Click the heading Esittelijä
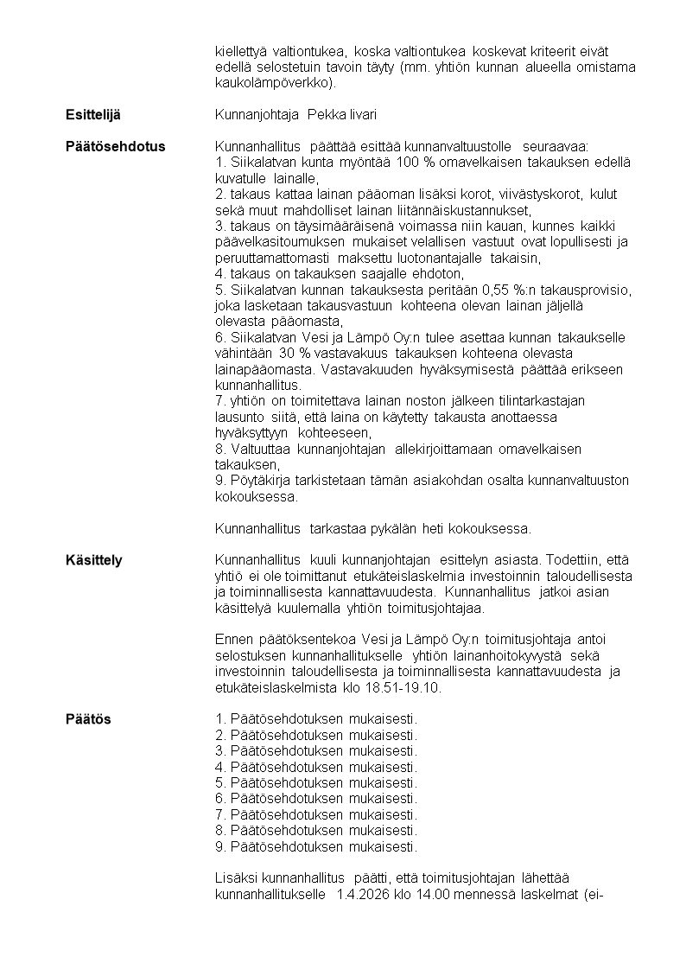pos(93,115)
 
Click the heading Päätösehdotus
pos(115,146)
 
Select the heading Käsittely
pos(94,561)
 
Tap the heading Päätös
pos(88,719)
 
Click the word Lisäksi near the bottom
pos(236,878)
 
